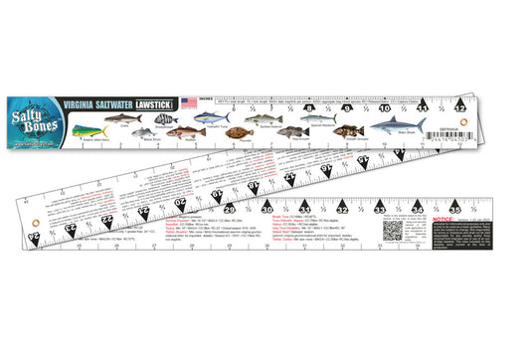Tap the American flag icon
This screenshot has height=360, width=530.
189,101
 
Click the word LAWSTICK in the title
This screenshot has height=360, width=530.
157,101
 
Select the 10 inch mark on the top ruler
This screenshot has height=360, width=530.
385,108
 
